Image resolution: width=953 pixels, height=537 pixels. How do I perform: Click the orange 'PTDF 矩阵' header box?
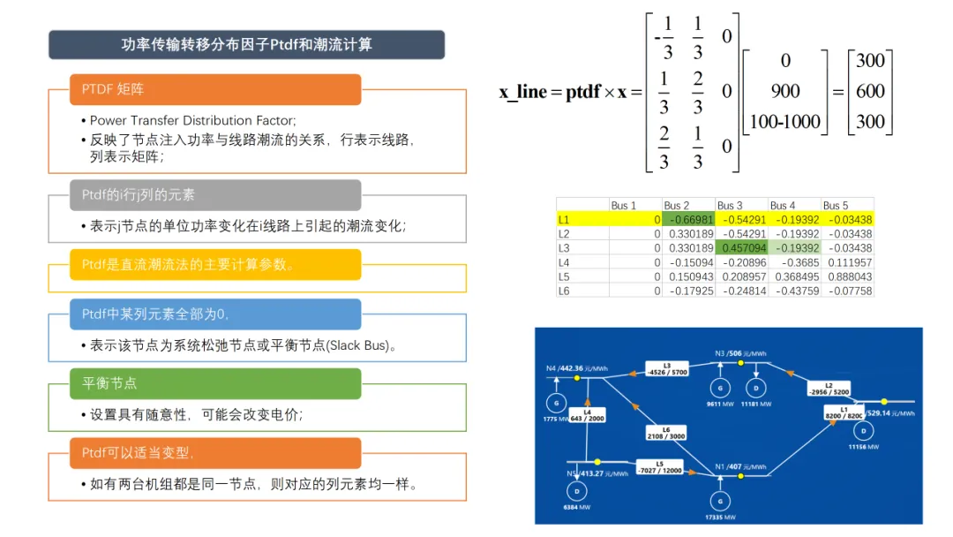pos(215,89)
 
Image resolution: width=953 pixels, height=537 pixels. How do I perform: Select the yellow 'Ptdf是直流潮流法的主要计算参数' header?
pos(215,264)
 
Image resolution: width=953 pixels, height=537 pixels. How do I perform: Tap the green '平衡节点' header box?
pos(215,383)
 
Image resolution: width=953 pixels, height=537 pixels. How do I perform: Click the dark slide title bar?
pos(246,45)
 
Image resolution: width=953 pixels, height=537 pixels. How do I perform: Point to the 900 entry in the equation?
pos(784,91)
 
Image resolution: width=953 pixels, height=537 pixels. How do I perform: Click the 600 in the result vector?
pos(870,91)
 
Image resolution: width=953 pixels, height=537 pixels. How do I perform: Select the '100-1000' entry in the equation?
pos(784,121)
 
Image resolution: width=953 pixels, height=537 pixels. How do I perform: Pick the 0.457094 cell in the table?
pos(741,248)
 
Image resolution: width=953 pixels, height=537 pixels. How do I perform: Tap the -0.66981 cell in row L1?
pos(688,219)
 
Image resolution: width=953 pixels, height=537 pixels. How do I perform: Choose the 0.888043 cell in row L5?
pos(847,276)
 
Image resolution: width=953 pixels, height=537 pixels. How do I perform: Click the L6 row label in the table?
pos(565,291)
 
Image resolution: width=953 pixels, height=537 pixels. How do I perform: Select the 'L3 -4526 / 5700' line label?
pos(667,368)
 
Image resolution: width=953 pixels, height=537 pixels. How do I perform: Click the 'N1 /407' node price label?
pos(748,466)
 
